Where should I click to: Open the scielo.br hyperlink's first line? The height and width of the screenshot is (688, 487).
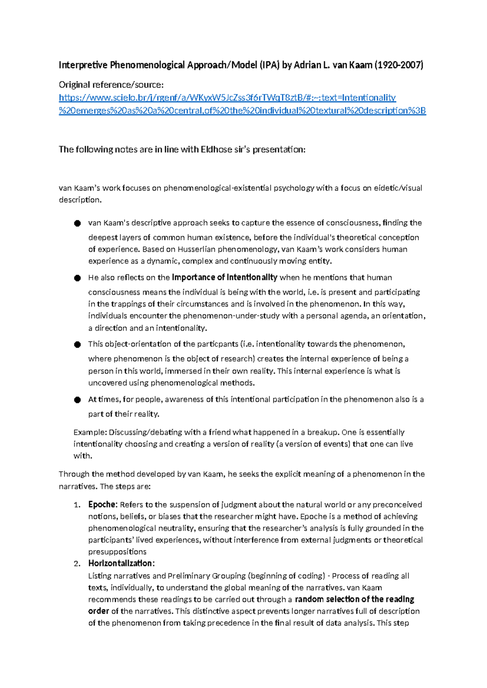[x=227, y=98]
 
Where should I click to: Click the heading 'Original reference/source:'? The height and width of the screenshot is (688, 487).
[x=111, y=85]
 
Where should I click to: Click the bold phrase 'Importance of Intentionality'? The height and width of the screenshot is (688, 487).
[x=224, y=277]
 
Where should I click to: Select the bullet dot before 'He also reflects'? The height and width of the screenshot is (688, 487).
[x=78, y=278]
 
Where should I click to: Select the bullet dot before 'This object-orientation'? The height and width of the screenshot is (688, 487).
[x=78, y=345]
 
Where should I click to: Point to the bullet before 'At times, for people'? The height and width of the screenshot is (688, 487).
[x=78, y=400]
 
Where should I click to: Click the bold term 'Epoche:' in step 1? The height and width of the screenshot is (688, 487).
[x=103, y=505]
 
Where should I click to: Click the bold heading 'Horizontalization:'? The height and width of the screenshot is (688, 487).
[x=121, y=563]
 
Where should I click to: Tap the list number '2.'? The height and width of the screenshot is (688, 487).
[x=77, y=564]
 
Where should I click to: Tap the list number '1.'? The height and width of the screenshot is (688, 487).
[x=77, y=505]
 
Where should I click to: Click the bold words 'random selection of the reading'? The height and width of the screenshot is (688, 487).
[x=354, y=599]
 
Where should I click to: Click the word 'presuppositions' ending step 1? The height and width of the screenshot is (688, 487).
[x=117, y=552]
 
